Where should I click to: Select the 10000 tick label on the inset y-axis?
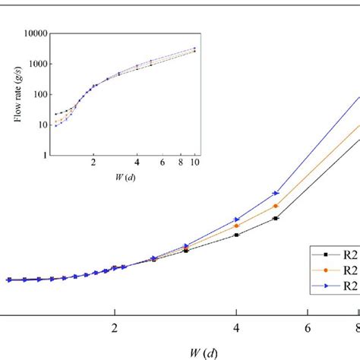36,33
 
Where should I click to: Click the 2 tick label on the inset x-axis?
93,163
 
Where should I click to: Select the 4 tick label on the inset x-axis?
137,163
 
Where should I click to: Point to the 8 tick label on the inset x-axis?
180,163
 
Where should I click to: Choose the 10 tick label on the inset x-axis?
194,163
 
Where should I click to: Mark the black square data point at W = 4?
236,235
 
